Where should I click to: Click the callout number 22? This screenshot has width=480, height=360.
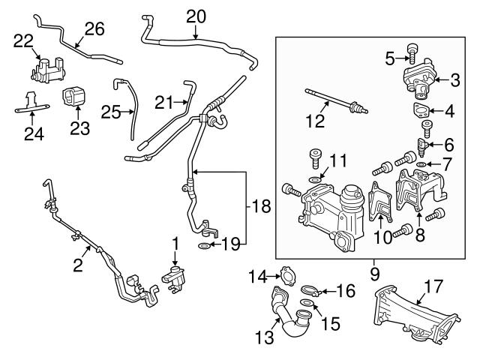tap(23, 41)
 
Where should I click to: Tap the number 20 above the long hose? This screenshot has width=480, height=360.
tap(195, 15)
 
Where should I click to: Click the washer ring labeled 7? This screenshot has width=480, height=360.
tap(422, 164)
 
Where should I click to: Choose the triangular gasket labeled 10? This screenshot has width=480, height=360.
tap(381, 207)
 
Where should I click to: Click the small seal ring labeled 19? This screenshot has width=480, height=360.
tap(204, 244)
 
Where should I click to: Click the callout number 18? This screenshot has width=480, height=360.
tap(259, 205)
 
